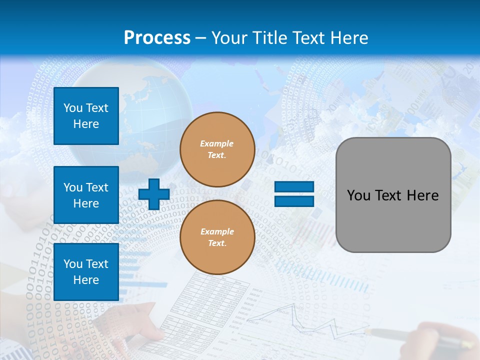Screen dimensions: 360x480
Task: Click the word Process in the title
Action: point(157,37)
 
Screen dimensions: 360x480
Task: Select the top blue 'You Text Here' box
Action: point(86,116)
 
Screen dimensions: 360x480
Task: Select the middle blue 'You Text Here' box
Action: point(86,195)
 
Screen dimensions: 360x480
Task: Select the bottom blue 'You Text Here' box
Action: point(86,272)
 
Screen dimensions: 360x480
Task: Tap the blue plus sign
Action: point(153,194)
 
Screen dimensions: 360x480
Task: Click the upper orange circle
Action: point(217,149)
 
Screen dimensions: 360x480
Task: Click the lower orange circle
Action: point(217,237)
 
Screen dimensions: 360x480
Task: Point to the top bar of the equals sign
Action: point(294,187)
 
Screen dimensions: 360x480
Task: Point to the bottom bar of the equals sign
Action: point(294,201)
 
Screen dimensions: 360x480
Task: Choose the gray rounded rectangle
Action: point(393,220)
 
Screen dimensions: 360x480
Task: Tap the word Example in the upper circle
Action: point(216,143)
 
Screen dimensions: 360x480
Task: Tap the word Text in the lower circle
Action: point(216,243)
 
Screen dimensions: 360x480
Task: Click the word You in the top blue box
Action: point(73,108)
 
